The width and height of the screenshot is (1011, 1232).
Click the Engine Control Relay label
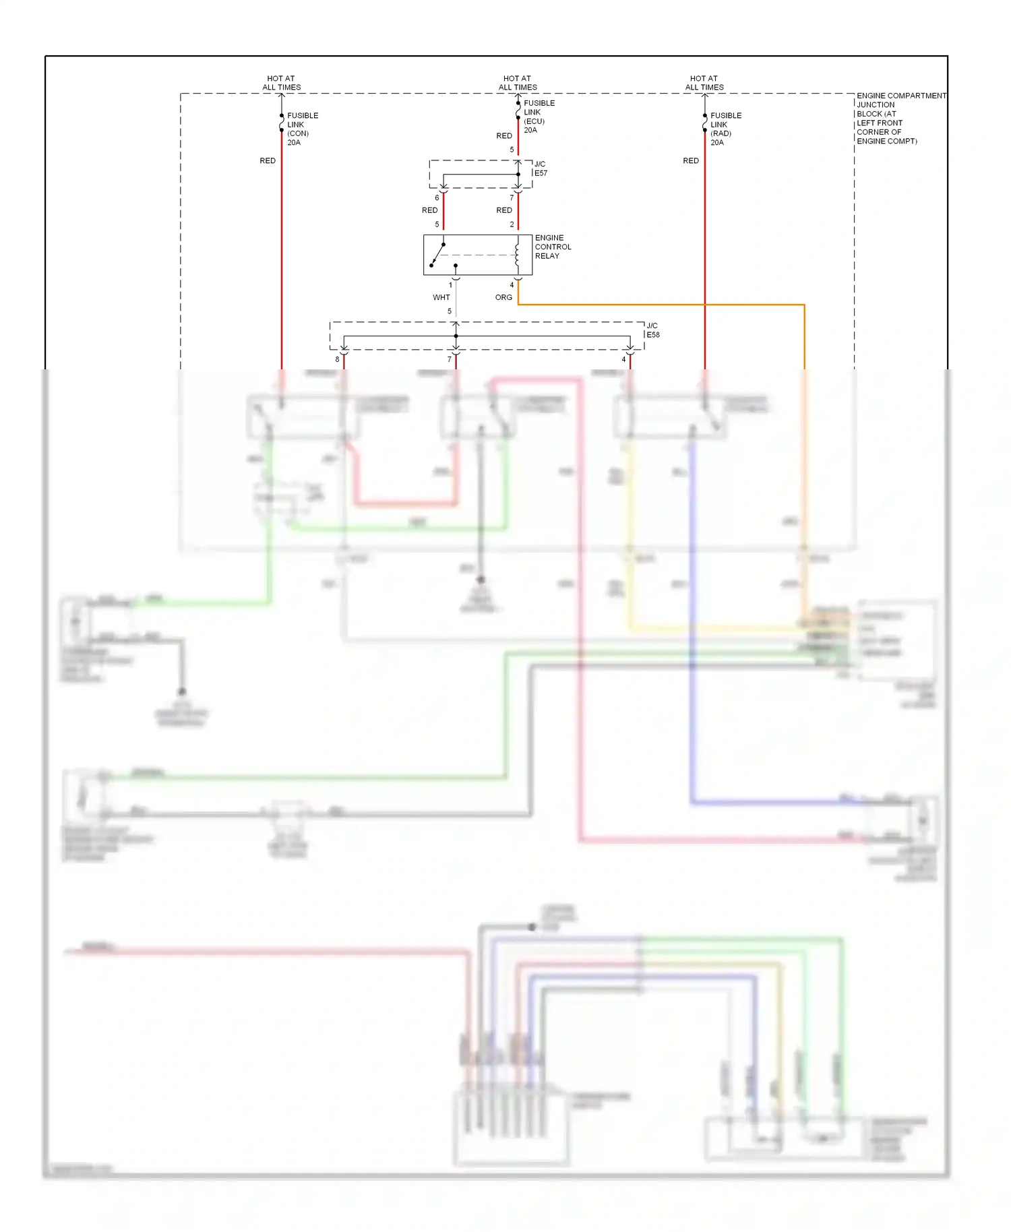tap(553, 247)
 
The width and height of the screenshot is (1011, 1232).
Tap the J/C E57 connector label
tap(541, 168)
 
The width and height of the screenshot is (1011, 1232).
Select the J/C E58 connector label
tap(652, 330)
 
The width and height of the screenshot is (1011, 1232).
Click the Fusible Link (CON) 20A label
tap(302, 129)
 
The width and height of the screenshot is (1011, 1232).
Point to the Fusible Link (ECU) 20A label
tap(539, 117)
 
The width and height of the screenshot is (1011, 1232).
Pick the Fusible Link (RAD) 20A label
tap(725, 129)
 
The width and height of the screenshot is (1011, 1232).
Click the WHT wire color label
tap(441, 297)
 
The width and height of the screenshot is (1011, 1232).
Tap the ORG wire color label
tap(503, 297)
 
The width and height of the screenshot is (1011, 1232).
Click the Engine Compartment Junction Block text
tap(900, 119)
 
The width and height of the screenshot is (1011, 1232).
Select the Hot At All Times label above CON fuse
tap(281, 83)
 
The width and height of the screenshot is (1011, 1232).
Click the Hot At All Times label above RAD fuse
tap(704, 83)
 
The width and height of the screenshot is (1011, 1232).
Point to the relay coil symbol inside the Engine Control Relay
tap(517, 255)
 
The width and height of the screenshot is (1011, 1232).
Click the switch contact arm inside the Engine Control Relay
tap(437, 255)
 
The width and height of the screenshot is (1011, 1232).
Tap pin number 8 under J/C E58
tap(337, 359)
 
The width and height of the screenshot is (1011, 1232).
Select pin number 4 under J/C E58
tap(623, 359)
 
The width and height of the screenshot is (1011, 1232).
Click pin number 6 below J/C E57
tap(437, 197)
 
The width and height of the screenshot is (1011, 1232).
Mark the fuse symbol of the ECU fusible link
tap(518, 111)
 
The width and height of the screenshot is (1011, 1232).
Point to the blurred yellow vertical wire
tap(630, 539)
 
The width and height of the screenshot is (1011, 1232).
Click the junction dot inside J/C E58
tap(456, 336)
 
